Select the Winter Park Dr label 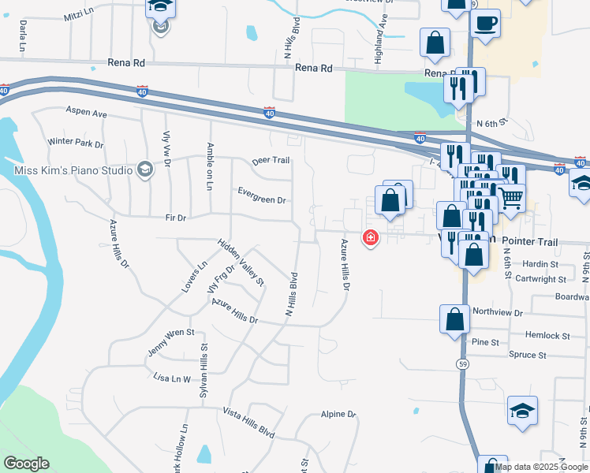pyautogui.click(x=76, y=143)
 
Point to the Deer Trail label pyautogui.click(x=271, y=160)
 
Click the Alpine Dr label pyautogui.click(x=338, y=414)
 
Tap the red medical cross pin pyautogui.click(x=369, y=236)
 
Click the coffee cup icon pyautogui.click(x=485, y=22)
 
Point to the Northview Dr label pyautogui.click(x=497, y=312)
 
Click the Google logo pyautogui.click(x=26, y=464)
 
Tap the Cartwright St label pyautogui.click(x=540, y=279)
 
